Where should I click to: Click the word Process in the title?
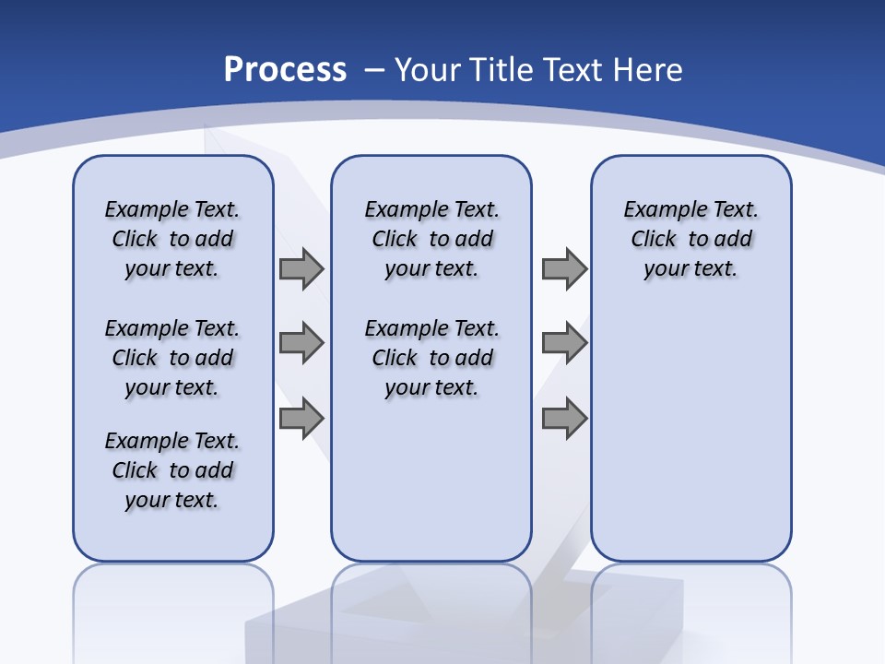(285, 70)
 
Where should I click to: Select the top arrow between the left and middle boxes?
(301, 268)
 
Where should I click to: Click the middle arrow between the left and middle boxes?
(301, 343)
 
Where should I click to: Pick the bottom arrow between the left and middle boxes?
(301, 419)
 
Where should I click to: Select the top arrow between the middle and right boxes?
(564, 268)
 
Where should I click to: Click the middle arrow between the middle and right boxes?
(564, 343)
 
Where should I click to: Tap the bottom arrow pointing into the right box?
(564, 419)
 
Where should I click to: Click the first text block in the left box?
(172, 239)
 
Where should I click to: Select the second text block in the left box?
(172, 358)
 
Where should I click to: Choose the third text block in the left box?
(172, 470)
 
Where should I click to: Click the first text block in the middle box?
(431, 239)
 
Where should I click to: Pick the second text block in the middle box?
(431, 358)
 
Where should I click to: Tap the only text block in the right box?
(691, 239)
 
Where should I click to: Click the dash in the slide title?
(375, 70)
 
